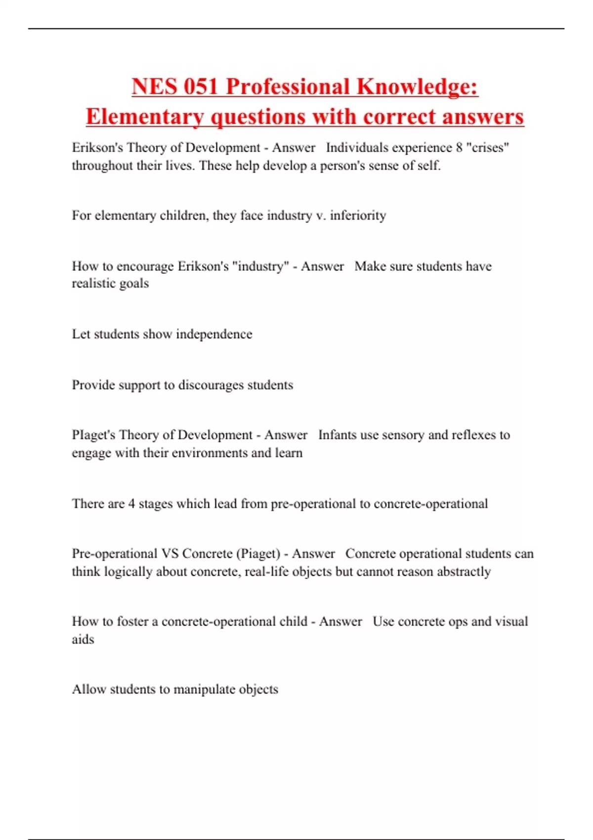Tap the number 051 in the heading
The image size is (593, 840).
point(201,86)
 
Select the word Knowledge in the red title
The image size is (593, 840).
point(417,86)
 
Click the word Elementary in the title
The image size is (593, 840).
point(145,117)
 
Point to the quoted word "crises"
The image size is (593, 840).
point(488,147)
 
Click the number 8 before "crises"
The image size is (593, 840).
point(459,147)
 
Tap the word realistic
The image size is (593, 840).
point(93,284)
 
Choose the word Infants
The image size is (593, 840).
point(337,435)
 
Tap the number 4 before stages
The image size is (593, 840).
point(131,504)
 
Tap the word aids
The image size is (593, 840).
point(83,639)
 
